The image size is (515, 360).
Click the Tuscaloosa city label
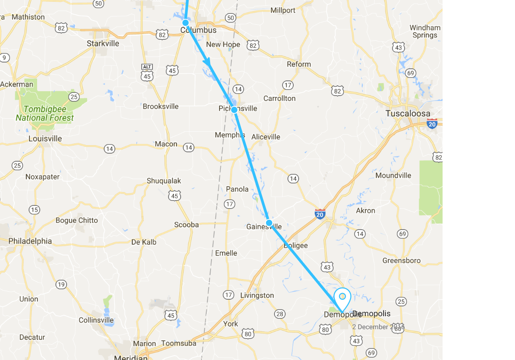[x=408, y=113]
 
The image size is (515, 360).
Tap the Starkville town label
[x=103, y=43]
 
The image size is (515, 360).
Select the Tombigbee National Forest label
[x=45, y=113]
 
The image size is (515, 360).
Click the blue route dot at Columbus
[x=186, y=22]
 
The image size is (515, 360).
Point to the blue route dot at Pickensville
[x=234, y=109]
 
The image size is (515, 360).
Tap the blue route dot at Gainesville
[x=269, y=222]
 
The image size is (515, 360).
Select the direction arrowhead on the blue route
[x=207, y=63]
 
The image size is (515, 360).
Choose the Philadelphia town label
[x=30, y=241]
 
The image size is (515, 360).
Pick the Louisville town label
[x=45, y=138]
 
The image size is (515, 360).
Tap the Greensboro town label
[x=401, y=260]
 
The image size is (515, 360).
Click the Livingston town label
[x=257, y=295]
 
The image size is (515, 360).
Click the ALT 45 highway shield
[x=147, y=73]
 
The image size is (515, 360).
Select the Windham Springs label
[x=425, y=31]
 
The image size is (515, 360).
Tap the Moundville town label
[x=393, y=176]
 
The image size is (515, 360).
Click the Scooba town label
[x=186, y=225]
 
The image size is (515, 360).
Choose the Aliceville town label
[x=266, y=137]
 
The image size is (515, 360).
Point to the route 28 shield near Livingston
[x=280, y=314]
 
